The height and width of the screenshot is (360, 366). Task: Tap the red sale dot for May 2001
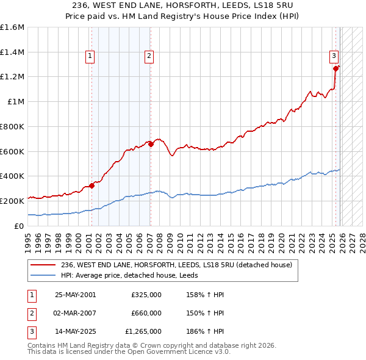tap(91, 185)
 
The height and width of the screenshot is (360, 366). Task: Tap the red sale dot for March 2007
tap(151, 144)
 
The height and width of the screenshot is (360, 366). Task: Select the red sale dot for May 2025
tap(335, 69)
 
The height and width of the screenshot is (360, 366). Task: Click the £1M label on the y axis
tap(16, 102)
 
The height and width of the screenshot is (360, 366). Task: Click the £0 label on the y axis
tap(20, 226)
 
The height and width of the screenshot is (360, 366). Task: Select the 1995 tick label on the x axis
tap(28, 239)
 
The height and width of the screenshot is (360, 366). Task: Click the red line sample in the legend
tap(43, 265)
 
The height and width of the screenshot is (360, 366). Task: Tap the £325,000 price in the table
tap(146, 295)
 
